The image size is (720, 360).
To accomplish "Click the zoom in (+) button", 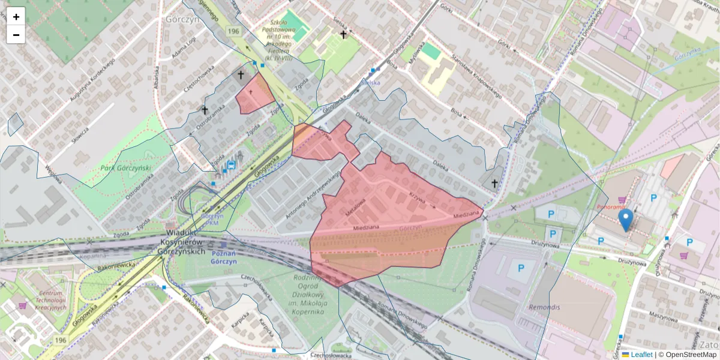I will point(16,17).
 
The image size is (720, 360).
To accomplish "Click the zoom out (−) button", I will point(16,35).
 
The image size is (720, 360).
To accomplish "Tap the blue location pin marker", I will point(625,220).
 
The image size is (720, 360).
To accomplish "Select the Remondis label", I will point(544,307).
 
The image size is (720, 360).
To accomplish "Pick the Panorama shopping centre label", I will point(611,207).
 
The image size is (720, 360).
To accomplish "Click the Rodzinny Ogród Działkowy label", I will point(311,294).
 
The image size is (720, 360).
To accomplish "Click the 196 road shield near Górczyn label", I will point(233,31).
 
